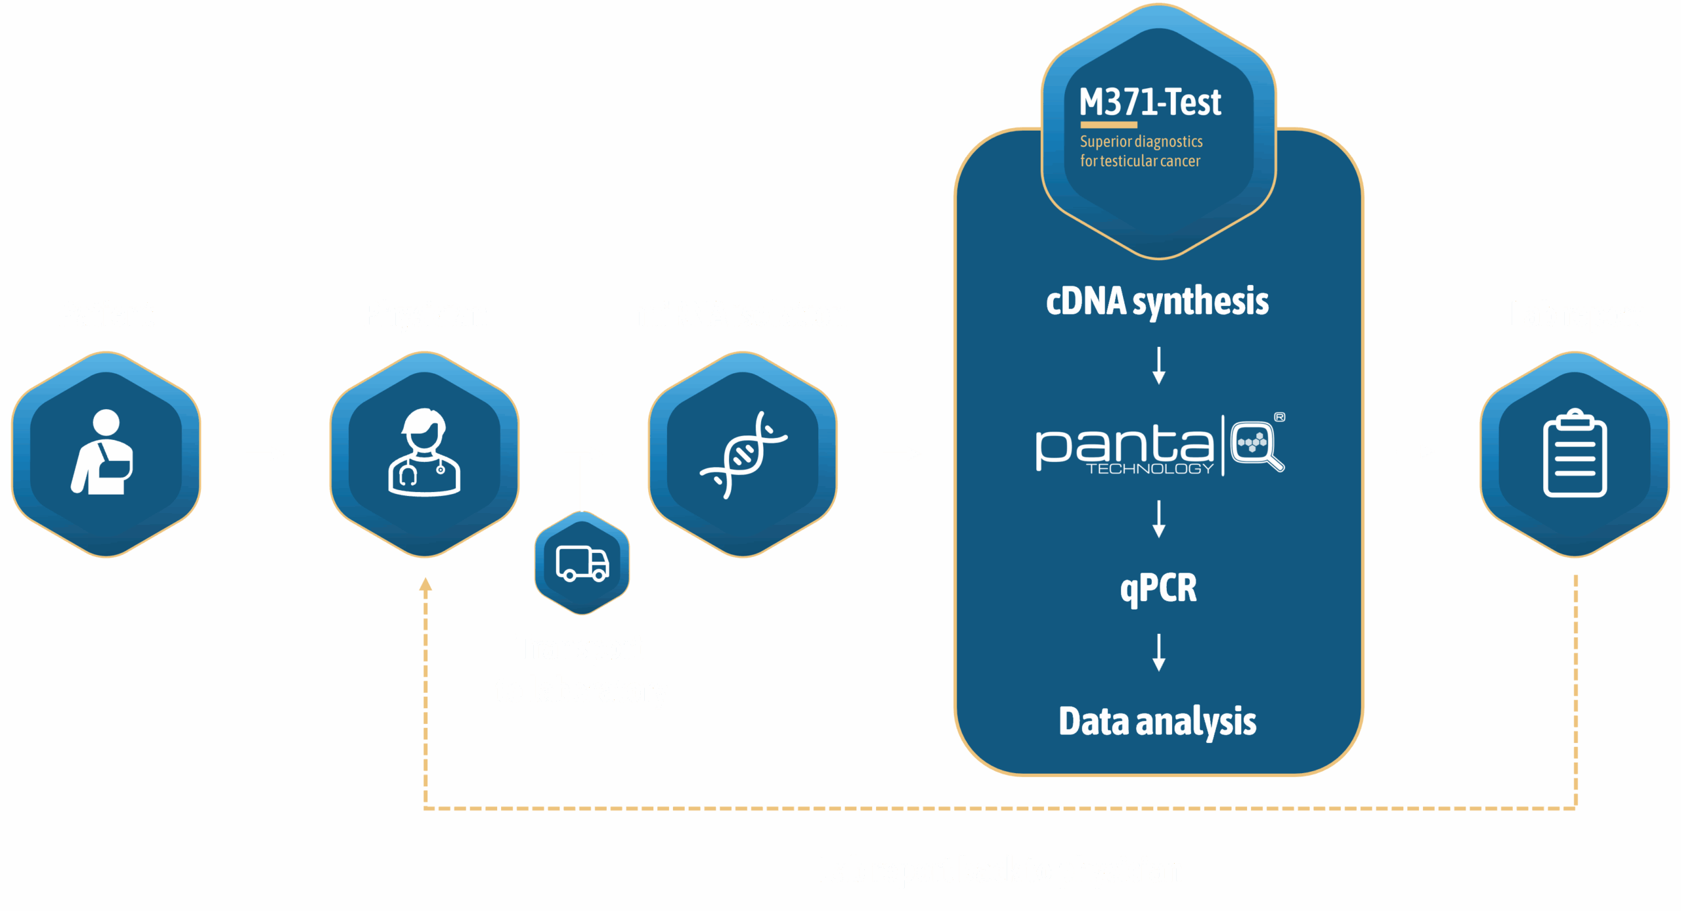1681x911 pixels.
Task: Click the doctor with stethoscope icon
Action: click(x=424, y=453)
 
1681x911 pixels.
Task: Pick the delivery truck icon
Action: click(x=582, y=564)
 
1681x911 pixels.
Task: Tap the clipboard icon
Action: click(x=1575, y=453)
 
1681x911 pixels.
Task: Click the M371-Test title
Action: click(x=1150, y=102)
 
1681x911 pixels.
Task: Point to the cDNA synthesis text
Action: click(x=1157, y=301)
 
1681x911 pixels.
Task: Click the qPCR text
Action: click(x=1158, y=588)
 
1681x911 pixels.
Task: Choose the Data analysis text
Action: click(x=1158, y=721)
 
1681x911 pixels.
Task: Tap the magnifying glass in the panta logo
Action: click(x=1257, y=445)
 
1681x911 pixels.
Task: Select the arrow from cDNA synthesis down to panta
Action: click(x=1159, y=365)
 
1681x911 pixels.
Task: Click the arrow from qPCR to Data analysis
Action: click(x=1159, y=652)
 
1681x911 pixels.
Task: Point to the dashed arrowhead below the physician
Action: click(x=426, y=584)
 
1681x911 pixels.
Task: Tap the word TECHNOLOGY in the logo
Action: click(x=1150, y=469)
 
